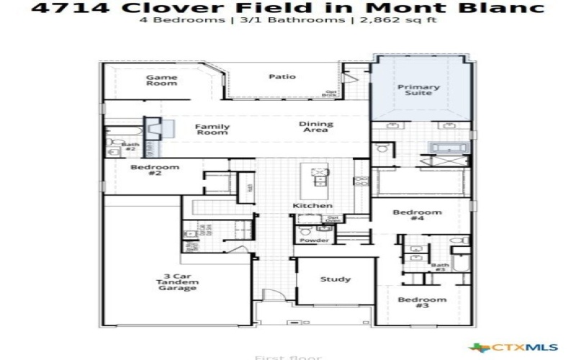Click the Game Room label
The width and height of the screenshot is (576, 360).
(161, 80)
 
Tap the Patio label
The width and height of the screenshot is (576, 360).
(282, 76)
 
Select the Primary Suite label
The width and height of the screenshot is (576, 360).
(418, 90)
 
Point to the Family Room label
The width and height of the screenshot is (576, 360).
(212, 129)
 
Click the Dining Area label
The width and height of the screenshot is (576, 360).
(315, 127)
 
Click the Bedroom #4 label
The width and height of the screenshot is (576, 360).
(416, 216)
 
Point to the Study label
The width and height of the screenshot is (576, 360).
(335, 279)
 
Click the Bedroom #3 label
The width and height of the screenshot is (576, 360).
(422, 302)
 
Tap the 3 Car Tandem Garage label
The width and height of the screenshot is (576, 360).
(176, 282)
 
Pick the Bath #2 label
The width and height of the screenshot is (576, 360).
(130, 147)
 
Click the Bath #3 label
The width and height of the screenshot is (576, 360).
(440, 267)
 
